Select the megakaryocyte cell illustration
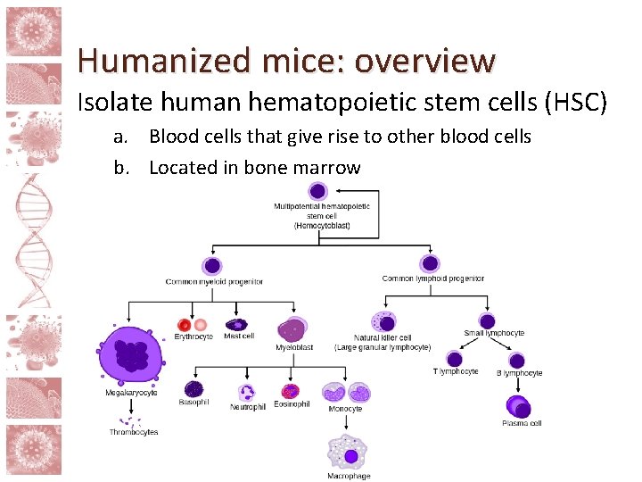pos(132,354)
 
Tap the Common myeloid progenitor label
pos(214,282)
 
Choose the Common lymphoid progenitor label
pos(432,278)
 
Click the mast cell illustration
pos(238,325)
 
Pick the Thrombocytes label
pos(134,432)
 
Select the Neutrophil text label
pos(247,407)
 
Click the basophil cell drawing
pos(194,389)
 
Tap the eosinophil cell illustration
pos(291,391)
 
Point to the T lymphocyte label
pos(456,371)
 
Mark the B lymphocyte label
pos(519,373)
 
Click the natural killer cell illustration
pos(384,322)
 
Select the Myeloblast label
pos(294,347)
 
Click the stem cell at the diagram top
pos(318,190)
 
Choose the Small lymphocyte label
pos(494,333)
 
